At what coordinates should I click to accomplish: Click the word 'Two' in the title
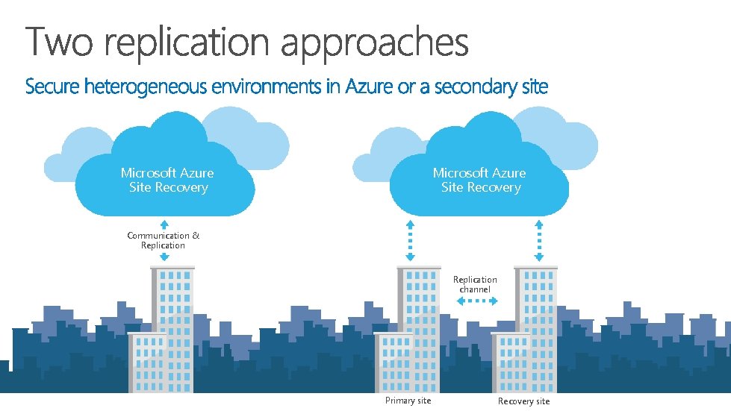[x=59, y=42]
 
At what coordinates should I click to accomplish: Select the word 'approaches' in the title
[x=374, y=43]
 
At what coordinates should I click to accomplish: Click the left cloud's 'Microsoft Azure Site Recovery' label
[x=167, y=180]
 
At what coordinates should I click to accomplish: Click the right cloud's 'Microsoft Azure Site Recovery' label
[x=479, y=180]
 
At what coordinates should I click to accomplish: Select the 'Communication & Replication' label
[x=164, y=240]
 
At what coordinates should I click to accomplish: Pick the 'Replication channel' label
[x=475, y=284]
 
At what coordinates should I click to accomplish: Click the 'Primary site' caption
[x=408, y=401]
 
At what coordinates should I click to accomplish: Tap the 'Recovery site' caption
[x=523, y=401]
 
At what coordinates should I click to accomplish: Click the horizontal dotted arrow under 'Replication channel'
[x=476, y=301]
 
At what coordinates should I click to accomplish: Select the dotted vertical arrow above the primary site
[x=409, y=240]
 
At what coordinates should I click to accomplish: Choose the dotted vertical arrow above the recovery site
[x=538, y=240]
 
